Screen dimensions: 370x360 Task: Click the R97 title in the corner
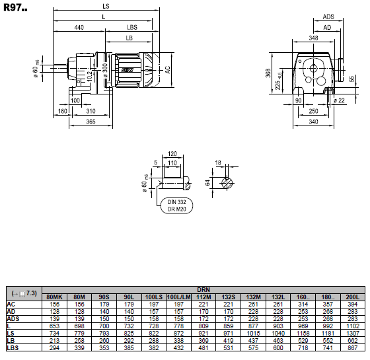click(x=15, y=8)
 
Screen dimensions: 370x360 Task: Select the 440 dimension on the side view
click(x=79, y=27)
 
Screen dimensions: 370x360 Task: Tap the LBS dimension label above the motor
click(x=132, y=27)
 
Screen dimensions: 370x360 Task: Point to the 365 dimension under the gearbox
click(x=91, y=122)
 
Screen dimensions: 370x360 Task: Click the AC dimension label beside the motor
click(x=167, y=70)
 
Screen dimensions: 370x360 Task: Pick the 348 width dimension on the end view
click(x=313, y=38)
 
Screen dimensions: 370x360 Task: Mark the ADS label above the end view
click(x=328, y=17)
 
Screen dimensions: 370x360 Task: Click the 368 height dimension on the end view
click(x=268, y=73)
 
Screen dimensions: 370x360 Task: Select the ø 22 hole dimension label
click(x=339, y=100)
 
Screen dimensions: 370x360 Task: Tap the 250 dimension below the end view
click(x=313, y=111)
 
